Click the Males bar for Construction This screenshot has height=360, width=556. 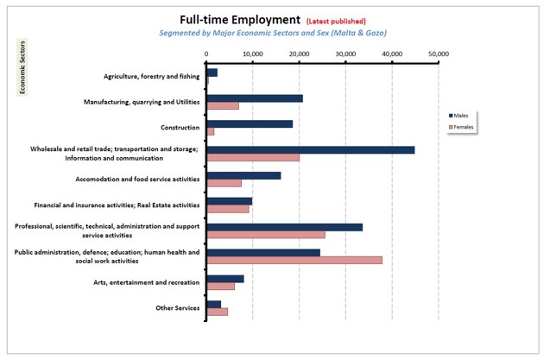click(250, 123)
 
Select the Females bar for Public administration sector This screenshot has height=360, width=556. click(294, 260)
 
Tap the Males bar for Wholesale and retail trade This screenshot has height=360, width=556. click(310, 149)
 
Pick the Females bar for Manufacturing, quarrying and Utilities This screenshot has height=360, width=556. click(223, 105)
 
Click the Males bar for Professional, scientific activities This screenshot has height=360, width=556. click(284, 227)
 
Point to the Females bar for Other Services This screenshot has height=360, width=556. click(217, 311)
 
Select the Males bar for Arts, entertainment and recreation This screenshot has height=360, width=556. click(225, 278)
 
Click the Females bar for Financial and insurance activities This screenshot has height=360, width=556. click(228, 208)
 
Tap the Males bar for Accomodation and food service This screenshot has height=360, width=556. click(243, 175)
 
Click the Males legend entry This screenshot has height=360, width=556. click(462, 115)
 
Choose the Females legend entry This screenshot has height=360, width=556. click(464, 127)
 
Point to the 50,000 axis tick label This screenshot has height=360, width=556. click(438, 54)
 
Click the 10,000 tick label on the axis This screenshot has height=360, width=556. click(253, 54)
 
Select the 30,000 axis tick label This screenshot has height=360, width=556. click(345, 54)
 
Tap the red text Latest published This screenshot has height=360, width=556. click(337, 21)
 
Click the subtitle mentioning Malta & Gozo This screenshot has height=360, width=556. click(272, 34)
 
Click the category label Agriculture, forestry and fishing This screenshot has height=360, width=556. click(152, 76)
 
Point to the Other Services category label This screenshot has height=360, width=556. click(177, 307)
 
